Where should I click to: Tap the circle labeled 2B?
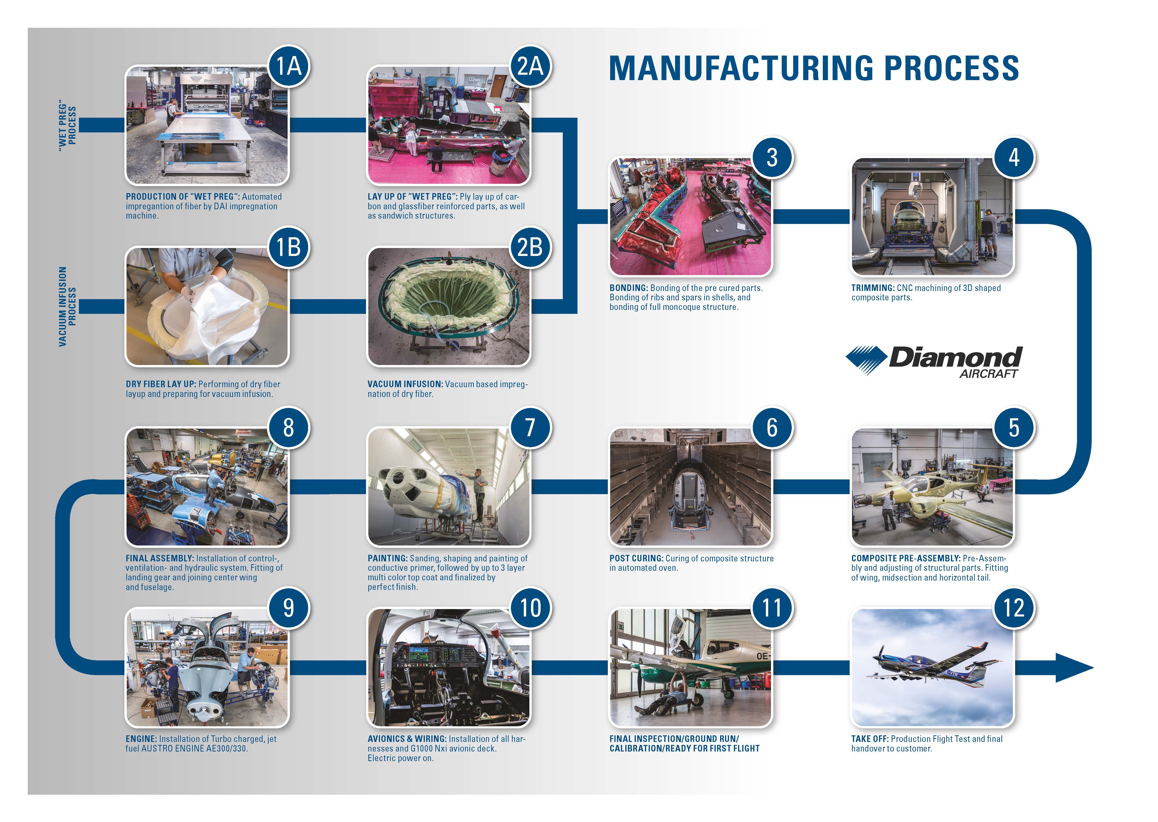530,248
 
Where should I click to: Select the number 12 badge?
1014,608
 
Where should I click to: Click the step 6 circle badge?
772,428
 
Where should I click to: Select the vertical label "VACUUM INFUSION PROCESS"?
67,307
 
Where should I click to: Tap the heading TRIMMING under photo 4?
873,288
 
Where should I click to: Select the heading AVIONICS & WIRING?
407,739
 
